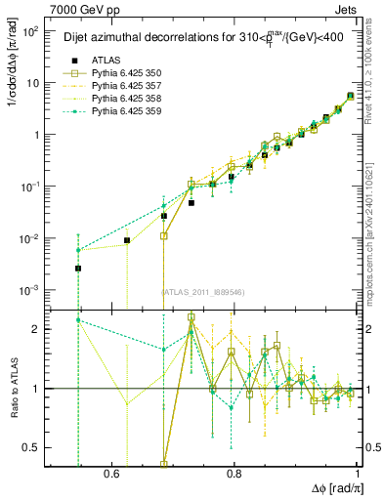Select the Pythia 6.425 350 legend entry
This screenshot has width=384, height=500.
click(x=128, y=73)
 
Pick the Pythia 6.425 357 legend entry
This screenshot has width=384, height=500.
click(x=128, y=87)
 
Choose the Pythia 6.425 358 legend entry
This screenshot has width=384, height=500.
click(x=128, y=100)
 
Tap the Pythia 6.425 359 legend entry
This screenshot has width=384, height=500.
click(x=128, y=113)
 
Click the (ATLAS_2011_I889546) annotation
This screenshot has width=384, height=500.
click(x=202, y=291)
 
